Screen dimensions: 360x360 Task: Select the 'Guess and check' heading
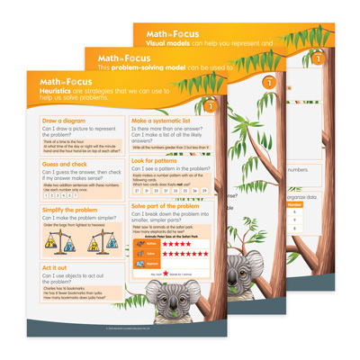point(64,165)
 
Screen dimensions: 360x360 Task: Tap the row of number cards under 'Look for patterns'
point(170,191)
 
